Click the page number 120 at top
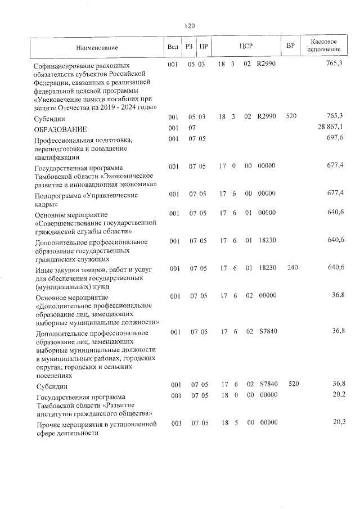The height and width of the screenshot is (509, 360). [189, 26]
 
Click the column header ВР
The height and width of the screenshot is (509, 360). [291, 45]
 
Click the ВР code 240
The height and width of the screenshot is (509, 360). [292, 268]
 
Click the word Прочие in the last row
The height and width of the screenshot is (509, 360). [48, 424]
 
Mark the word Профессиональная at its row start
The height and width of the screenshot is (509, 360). [67, 140]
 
